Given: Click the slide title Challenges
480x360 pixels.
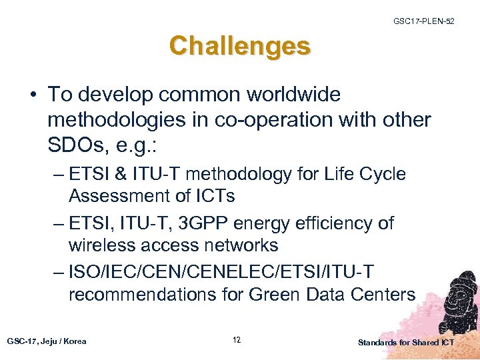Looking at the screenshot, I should [x=239, y=46].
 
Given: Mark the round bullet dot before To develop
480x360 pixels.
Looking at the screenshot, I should [x=33, y=95].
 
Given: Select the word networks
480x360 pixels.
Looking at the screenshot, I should [x=239, y=245].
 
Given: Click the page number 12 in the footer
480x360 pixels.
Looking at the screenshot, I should [x=237, y=340].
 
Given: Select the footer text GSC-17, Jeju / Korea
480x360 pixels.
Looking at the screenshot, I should [x=47, y=341].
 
